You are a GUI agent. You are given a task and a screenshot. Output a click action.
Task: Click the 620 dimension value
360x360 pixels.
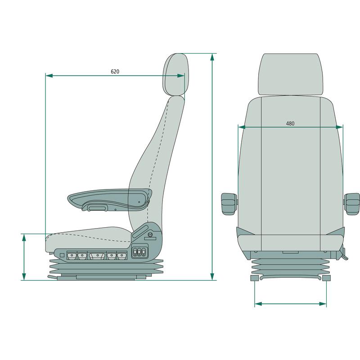point(115,71)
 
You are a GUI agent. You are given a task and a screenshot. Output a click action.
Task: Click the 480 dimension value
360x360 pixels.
point(290,123)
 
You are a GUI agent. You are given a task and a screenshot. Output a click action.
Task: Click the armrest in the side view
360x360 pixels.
point(108,198)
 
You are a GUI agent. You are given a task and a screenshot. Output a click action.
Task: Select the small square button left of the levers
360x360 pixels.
point(62,255)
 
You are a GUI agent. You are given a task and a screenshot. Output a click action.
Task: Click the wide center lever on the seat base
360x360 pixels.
point(97,256)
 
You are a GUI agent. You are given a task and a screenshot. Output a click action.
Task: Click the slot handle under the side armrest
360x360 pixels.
point(96,208)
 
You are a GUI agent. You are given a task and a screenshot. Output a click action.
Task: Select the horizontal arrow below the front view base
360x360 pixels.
point(290,304)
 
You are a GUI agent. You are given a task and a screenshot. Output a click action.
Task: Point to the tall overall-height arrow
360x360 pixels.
point(212,166)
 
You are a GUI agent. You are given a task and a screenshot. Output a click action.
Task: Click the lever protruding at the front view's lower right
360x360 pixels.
point(344,255)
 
